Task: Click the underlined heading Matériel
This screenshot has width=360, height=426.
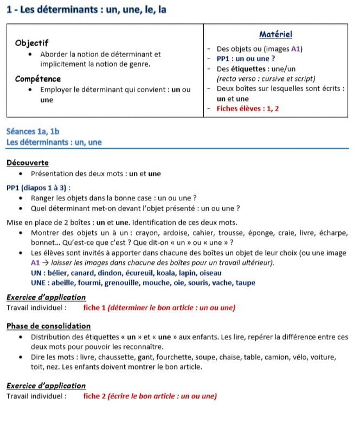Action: (275, 34)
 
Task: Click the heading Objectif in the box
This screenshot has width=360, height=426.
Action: (32, 43)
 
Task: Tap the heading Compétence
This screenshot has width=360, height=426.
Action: (38, 79)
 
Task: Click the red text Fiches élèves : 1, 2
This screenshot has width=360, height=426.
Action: (248, 109)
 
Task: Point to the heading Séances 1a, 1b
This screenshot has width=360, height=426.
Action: (33, 132)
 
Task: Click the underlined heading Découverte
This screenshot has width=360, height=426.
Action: (27, 163)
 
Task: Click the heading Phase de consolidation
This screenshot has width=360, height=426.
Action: (49, 326)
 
